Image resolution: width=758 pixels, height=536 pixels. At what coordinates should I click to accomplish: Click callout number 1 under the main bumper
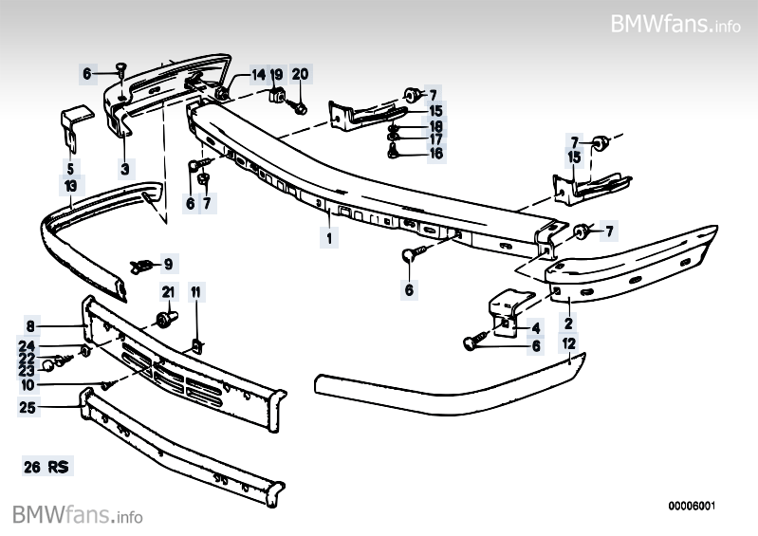coord(329,238)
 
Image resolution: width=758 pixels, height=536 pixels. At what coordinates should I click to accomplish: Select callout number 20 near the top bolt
coord(300,74)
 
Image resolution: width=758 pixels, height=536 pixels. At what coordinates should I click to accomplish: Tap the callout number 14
coord(259,74)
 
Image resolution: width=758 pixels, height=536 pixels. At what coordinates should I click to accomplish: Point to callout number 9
coord(168,264)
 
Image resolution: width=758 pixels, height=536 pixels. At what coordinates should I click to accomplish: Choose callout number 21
coord(168,292)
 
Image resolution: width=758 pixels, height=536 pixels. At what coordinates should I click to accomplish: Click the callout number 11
coord(195,292)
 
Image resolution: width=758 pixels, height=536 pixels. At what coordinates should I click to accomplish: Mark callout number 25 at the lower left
coord(28,407)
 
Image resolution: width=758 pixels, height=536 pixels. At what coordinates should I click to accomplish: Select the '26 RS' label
coord(46,467)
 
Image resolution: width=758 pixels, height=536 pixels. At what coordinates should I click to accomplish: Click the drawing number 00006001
coord(692,506)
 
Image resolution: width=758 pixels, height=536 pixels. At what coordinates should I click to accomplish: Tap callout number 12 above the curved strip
coord(569,343)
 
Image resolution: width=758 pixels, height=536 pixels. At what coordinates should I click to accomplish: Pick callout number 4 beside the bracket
coord(536,328)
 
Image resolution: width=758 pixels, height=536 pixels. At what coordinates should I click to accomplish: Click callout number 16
coord(436,154)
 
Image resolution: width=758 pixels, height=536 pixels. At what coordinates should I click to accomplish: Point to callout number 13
coord(70,186)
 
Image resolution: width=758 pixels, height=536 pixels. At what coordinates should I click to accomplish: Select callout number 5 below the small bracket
coord(70,169)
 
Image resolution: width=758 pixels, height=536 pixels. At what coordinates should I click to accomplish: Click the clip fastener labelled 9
coord(140,267)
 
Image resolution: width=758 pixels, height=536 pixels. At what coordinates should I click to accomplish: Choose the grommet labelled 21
coord(167,319)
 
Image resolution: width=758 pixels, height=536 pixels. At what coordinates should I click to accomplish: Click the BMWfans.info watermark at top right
coord(675,23)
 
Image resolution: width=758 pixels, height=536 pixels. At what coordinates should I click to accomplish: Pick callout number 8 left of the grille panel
coord(30,326)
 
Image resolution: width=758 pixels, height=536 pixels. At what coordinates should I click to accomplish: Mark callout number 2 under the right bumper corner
coord(568,323)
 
